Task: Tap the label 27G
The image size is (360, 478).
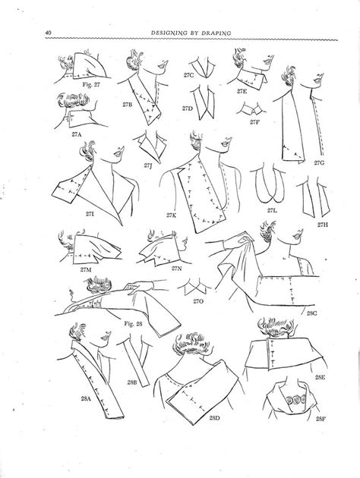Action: (x=320, y=162)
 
